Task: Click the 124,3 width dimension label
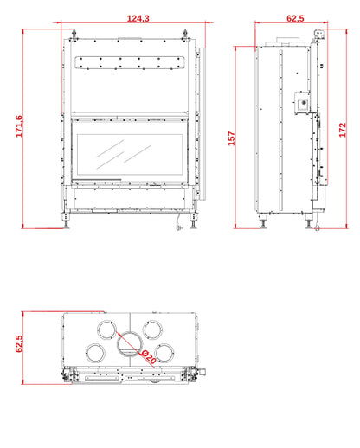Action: [138, 18]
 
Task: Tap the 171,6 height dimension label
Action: [19, 126]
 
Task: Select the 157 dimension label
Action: [232, 138]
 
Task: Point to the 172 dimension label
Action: [343, 130]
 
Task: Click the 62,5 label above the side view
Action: [295, 18]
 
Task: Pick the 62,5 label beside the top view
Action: [19, 343]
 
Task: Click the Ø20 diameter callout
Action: [149, 357]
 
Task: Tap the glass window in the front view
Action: [130, 154]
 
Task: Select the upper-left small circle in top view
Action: [98, 330]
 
